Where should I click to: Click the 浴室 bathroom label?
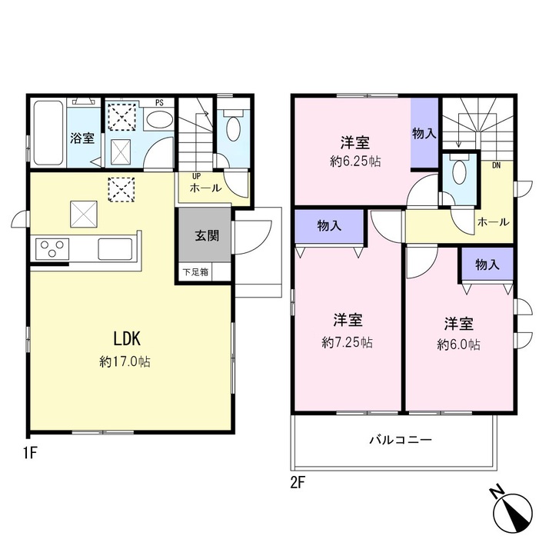82,138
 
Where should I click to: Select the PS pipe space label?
159,103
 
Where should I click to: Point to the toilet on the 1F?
233,125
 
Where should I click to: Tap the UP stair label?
196,176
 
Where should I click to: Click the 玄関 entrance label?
207,235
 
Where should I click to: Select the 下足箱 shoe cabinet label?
196,271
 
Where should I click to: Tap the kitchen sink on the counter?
115,248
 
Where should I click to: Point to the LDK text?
127,338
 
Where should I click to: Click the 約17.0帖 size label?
125,361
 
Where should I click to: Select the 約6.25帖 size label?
355,161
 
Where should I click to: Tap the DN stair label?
496,165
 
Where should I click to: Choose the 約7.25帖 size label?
347,342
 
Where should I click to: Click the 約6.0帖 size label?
458,345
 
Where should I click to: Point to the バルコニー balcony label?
401,440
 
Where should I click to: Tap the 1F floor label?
30,454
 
